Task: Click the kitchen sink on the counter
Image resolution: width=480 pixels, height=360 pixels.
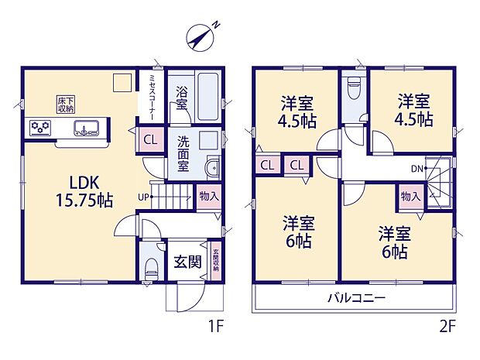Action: [86, 128]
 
